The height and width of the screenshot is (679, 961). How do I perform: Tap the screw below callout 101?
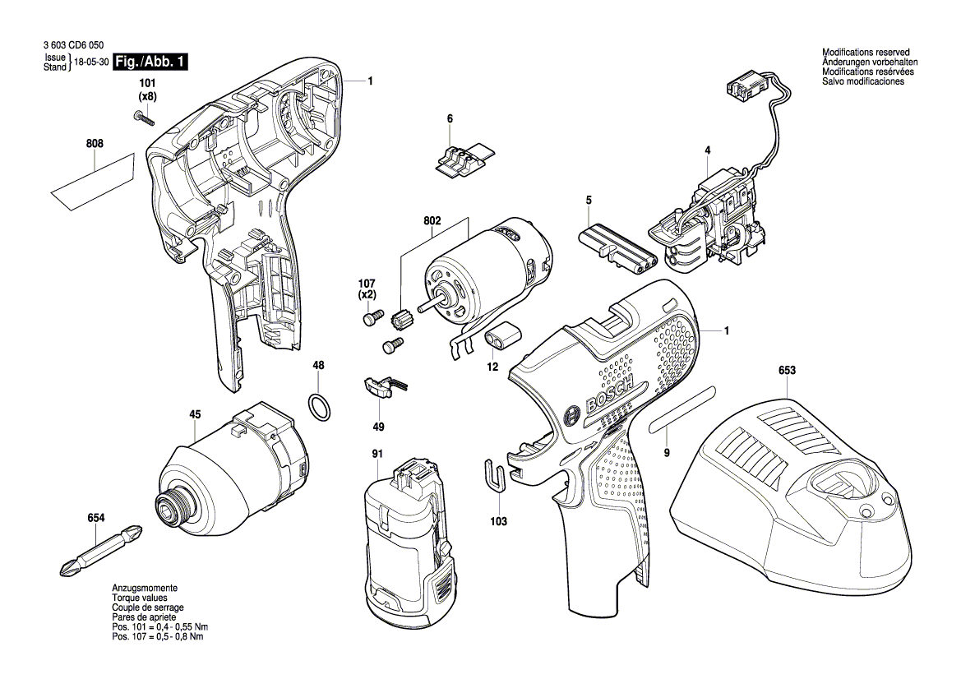click(x=143, y=118)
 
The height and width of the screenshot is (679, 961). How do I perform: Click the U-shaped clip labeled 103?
click(x=493, y=475)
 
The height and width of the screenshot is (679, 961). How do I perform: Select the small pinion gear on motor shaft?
click(x=402, y=319)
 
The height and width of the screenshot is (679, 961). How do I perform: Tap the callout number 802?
click(x=432, y=221)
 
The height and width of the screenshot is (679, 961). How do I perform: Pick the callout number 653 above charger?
click(x=787, y=371)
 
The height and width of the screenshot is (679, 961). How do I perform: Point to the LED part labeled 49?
click(x=379, y=386)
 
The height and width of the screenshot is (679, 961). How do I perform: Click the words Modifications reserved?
click(x=866, y=53)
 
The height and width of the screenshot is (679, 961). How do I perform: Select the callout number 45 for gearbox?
click(x=195, y=415)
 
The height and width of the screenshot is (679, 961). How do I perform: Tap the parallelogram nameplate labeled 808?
click(x=93, y=182)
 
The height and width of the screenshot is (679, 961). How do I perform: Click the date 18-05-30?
click(x=91, y=62)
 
